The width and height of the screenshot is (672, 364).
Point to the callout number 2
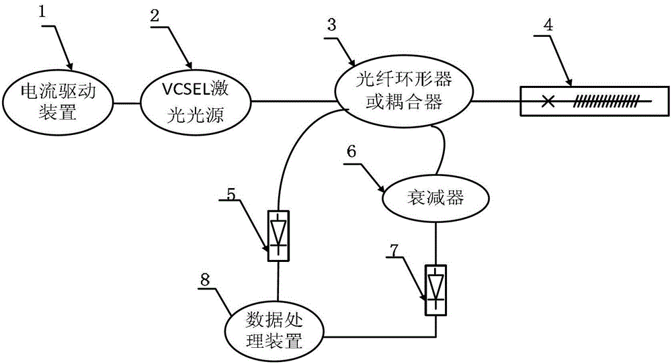[x=155, y=15]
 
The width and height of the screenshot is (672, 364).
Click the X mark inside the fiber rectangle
[x=548, y=102]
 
